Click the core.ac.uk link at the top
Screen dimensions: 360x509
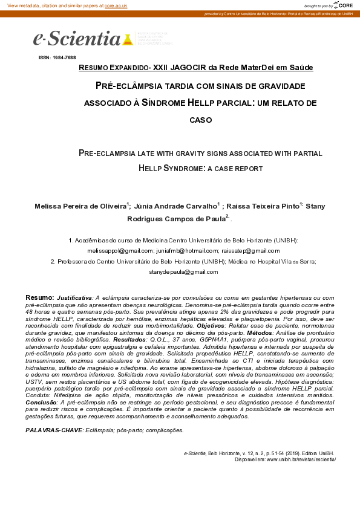[x=116, y=5]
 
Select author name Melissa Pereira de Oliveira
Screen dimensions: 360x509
[x=80, y=207]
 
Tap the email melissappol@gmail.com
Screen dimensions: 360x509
[x=120, y=250]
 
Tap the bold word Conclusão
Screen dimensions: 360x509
[x=42, y=402]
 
